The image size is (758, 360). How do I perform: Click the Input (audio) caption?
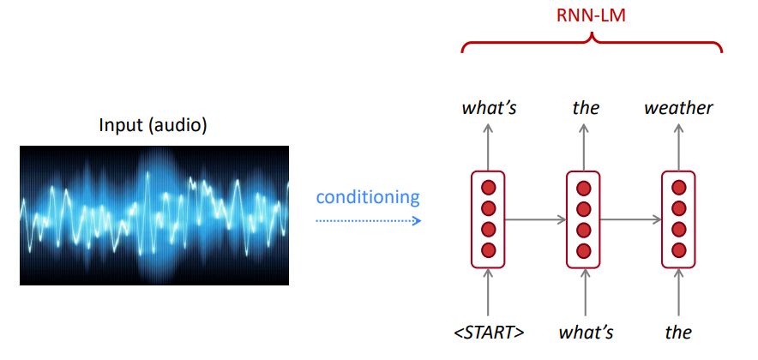(x=153, y=125)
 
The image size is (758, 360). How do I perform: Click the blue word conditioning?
(x=368, y=197)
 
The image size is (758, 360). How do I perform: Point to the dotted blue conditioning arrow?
(x=368, y=220)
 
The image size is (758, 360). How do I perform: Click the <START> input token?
(x=488, y=332)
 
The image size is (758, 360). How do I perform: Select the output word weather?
(x=678, y=108)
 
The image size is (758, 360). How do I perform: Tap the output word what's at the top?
(x=488, y=108)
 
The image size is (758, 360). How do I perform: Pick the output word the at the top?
(x=586, y=108)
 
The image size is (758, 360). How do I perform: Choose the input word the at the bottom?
(x=678, y=332)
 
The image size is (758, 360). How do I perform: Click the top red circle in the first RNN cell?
(x=489, y=189)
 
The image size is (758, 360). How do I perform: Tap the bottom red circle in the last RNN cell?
(x=679, y=250)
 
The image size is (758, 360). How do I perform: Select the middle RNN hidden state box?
(x=584, y=219)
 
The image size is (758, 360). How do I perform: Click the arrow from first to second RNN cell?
(x=536, y=219)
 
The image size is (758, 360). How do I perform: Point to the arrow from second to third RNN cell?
(x=631, y=219)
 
